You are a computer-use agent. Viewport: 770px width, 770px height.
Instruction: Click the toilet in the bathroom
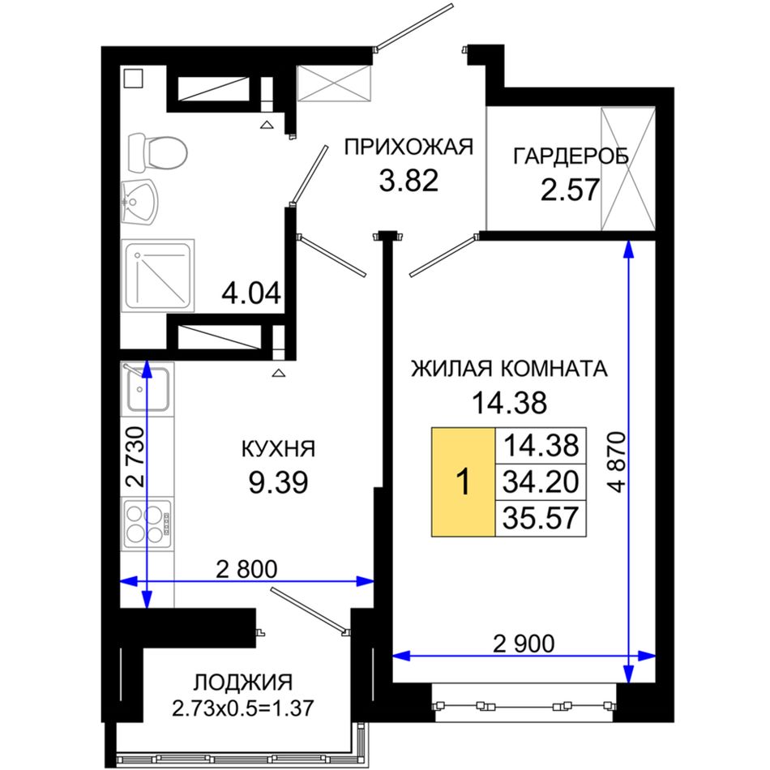(x=157, y=152)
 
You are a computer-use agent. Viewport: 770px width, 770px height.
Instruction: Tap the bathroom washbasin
(x=139, y=203)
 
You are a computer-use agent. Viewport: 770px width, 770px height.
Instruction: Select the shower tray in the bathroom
(x=157, y=276)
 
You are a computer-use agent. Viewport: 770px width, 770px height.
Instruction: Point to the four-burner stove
(x=148, y=524)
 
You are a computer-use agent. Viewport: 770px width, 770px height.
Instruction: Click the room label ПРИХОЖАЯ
(x=408, y=147)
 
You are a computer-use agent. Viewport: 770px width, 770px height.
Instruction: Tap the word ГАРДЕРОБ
(x=571, y=156)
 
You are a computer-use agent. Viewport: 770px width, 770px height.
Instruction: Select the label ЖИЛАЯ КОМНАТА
(x=509, y=369)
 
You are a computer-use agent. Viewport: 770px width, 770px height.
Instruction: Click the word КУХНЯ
(x=278, y=449)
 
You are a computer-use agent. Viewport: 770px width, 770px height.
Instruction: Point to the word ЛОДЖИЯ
(x=242, y=682)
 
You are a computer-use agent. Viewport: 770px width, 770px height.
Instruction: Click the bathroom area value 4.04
(x=251, y=293)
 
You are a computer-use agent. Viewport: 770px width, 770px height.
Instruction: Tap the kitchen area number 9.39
(x=278, y=482)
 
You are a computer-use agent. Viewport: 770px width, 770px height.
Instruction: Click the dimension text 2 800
(x=246, y=569)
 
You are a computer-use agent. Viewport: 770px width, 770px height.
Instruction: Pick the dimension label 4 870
(x=617, y=462)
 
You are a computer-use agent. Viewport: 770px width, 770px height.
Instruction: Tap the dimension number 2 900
(x=524, y=644)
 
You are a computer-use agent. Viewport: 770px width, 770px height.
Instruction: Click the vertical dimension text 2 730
(x=135, y=456)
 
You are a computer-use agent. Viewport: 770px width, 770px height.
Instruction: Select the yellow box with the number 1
(x=463, y=481)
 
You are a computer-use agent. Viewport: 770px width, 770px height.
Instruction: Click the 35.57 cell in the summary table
(x=541, y=518)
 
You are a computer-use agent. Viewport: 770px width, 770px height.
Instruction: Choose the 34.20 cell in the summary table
(x=541, y=481)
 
